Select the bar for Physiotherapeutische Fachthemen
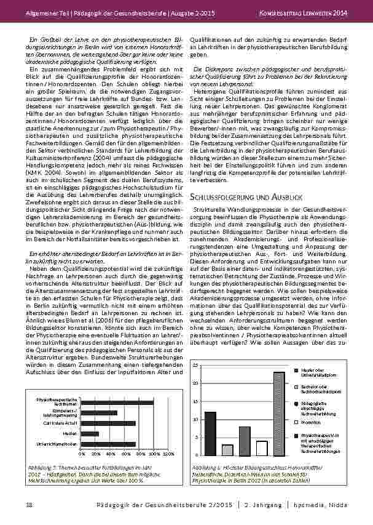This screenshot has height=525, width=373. (117, 402)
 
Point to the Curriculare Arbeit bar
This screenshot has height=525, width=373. (108, 423)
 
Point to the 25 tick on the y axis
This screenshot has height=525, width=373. (195, 366)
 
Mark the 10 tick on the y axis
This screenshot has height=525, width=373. (195, 419)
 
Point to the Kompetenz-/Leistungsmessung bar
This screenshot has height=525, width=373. (99, 412)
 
